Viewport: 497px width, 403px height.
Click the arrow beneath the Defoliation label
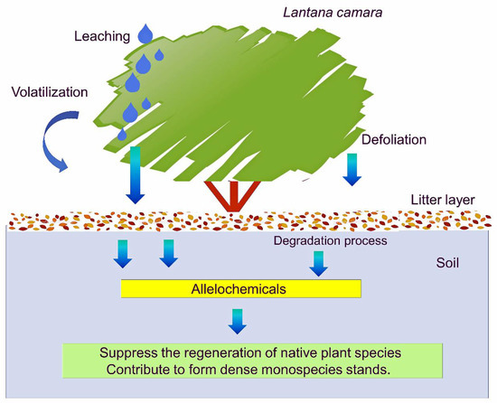click(351, 170)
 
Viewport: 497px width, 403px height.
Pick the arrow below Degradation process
click(319, 263)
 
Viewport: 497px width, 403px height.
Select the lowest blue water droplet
click(122, 135)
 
